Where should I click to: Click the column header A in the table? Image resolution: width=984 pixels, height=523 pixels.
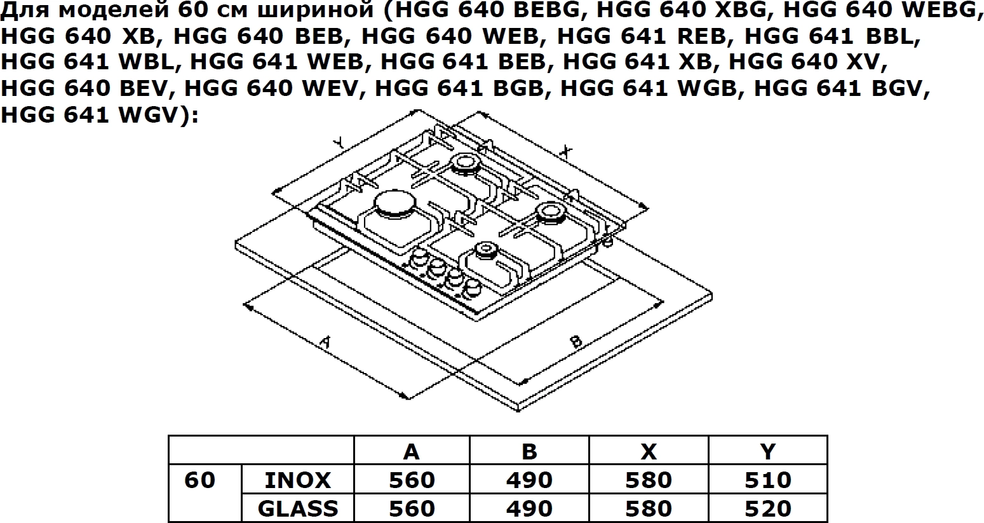click(x=412, y=451)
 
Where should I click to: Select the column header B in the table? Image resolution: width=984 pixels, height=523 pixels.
click(x=529, y=451)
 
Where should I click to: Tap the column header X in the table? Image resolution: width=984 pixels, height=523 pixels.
click(x=648, y=451)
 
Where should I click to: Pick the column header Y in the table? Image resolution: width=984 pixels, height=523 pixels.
click(x=767, y=451)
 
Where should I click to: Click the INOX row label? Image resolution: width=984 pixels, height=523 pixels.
click(x=297, y=480)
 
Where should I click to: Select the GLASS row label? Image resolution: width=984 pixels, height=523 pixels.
click(x=297, y=508)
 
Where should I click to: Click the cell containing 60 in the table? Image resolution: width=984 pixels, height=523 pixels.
click(x=199, y=480)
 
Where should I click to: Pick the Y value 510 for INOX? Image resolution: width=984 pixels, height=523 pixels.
click(x=767, y=480)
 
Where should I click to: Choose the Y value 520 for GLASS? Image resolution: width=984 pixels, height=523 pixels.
click(x=767, y=508)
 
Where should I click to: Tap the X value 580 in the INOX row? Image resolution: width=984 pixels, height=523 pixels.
click(x=648, y=480)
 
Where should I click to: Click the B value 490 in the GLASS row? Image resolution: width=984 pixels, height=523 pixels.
click(x=529, y=508)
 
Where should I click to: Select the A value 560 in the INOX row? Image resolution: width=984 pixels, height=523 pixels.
click(x=412, y=480)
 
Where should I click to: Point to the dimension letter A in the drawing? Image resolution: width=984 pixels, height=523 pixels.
click(x=325, y=343)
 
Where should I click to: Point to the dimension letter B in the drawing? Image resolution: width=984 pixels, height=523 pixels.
click(x=576, y=341)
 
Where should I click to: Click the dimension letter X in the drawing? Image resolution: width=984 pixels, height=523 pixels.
click(x=566, y=151)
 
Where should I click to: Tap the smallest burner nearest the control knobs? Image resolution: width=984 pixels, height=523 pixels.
click(x=485, y=250)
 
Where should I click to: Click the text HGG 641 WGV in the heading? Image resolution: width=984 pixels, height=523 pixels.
click(x=89, y=116)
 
